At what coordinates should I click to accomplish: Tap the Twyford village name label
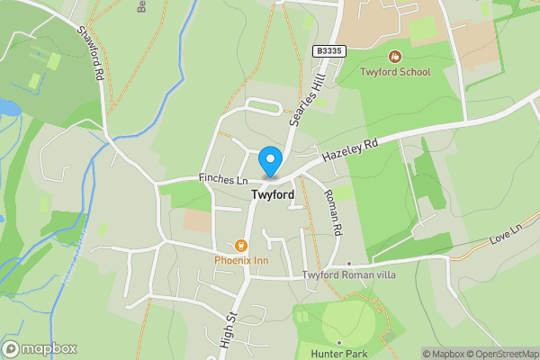pyautogui.click(x=273, y=194)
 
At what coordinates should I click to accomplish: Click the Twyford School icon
pyautogui.click(x=395, y=56)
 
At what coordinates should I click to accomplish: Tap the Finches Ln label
pyautogui.click(x=223, y=180)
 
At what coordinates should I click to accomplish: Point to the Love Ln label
pyautogui.click(x=508, y=240)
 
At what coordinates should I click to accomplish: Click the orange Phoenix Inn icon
pyautogui.click(x=240, y=245)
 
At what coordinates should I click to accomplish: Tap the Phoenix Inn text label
pyautogui.click(x=240, y=261)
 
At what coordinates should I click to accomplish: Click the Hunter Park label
pyautogui.click(x=339, y=354)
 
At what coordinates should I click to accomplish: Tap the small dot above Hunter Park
pyautogui.click(x=339, y=342)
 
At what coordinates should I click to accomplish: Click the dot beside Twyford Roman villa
pyautogui.click(x=348, y=264)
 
